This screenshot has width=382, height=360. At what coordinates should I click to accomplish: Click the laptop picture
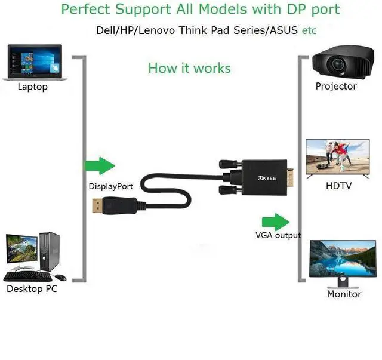click(x=33, y=61)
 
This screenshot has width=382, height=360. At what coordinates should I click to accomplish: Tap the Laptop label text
click(x=33, y=87)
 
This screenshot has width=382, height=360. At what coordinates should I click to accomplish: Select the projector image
click(x=336, y=63)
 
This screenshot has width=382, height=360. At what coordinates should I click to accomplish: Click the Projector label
click(x=336, y=87)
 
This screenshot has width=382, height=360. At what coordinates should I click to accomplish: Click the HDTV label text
click(x=338, y=186)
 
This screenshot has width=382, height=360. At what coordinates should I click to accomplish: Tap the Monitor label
click(x=344, y=294)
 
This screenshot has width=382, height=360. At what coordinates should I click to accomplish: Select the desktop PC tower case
click(x=51, y=251)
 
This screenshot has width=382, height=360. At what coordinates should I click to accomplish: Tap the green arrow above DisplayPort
click(x=99, y=167)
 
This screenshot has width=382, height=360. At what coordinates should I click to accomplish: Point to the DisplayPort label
click(x=110, y=186)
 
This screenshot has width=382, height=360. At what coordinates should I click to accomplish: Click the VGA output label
click(x=278, y=235)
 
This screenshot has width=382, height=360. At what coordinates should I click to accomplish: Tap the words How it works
click(x=189, y=68)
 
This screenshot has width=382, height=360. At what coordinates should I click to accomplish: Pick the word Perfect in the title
click(x=87, y=10)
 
